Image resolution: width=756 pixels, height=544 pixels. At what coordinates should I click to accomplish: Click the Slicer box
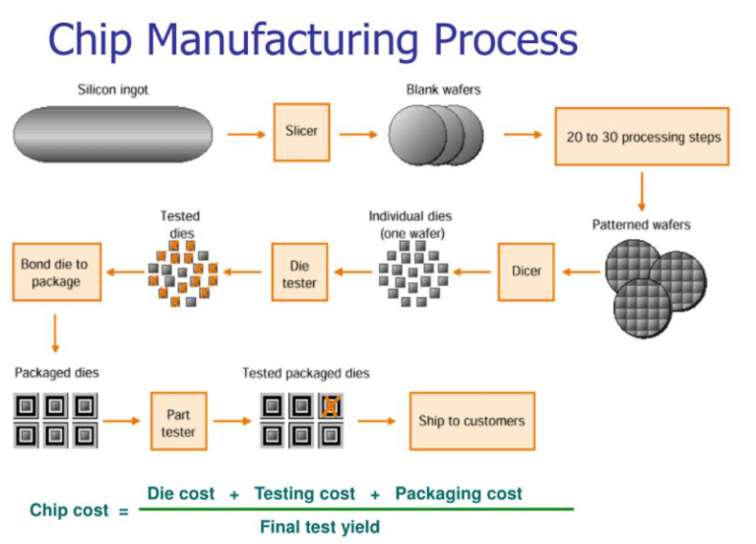(301, 132)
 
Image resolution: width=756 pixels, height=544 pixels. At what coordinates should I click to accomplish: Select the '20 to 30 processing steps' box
(642, 137)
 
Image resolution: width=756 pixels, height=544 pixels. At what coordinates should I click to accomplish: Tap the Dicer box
(527, 271)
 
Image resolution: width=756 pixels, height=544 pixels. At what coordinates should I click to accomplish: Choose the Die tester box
(299, 273)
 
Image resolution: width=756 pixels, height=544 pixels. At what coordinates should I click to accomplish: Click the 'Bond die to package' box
(54, 272)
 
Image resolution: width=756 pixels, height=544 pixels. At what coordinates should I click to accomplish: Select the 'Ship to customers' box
(472, 420)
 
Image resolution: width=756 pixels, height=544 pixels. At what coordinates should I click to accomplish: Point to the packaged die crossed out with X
(330, 405)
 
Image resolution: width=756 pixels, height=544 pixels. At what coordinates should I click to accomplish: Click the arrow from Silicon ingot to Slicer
(246, 133)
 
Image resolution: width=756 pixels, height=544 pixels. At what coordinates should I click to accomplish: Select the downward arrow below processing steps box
(642, 191)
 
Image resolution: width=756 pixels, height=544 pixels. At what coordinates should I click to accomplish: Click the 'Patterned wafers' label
(641, 224)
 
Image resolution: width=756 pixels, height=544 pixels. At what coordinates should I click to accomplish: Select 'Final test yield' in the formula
(319, 526)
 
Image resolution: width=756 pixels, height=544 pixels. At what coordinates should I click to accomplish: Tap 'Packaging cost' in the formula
(459, 493)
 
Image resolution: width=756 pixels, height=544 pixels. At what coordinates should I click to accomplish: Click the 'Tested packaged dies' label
(306, 373)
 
